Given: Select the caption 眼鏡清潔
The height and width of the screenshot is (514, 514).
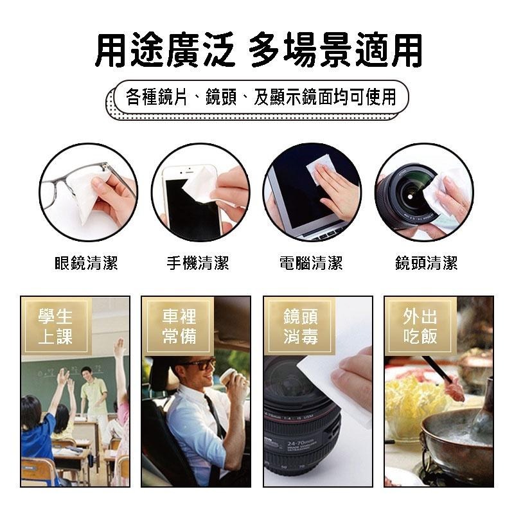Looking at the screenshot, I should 87,263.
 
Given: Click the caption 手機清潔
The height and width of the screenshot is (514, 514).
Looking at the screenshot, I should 198,263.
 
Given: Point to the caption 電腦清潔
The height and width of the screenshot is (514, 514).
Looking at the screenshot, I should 311,263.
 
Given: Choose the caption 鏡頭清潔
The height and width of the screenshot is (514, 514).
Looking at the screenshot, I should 426,263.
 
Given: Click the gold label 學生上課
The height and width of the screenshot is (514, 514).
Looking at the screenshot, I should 55,326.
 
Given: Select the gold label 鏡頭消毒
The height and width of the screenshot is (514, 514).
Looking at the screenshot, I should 300,326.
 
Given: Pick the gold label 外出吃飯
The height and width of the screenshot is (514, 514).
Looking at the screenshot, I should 421,326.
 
